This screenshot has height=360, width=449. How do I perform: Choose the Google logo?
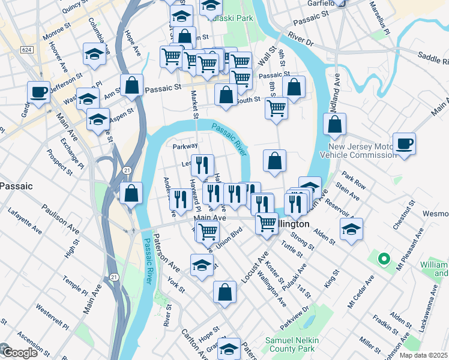[19, 353]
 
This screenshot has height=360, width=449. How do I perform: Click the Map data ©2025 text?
[423, 355]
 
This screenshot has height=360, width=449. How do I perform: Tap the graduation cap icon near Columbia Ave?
[94, 54]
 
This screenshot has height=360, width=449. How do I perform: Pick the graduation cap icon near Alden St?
[351, 229]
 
